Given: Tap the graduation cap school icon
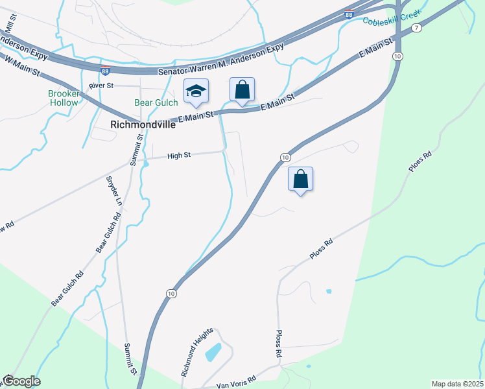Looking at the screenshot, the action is point(195,91).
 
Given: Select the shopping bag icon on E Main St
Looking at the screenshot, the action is point(242,90).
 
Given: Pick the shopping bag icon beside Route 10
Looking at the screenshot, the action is point(300,179).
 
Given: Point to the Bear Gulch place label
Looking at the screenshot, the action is point(156,102).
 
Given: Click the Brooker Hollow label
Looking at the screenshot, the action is point(63,98).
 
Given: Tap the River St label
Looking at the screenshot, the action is point(101,86).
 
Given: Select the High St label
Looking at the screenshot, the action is point(178,156).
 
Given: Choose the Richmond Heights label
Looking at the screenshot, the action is point(197,353).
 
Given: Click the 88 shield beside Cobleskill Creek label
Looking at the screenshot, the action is point(349,14).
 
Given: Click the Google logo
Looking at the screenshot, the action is point(21,381).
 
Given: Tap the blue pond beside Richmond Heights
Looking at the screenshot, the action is point(213,352).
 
